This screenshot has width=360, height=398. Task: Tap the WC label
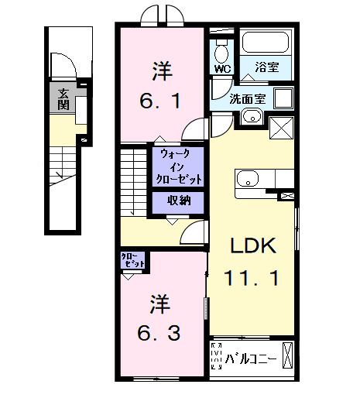[221, 69]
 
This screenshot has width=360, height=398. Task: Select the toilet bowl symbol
[221, 52]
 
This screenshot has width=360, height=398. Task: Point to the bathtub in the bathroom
[266, 43]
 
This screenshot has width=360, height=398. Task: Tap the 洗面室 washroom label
[248, 98]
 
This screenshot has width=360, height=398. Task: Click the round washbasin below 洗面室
[250, 118]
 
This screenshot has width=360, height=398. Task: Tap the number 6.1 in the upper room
[161, 101]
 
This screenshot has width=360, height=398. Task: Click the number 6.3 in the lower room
[161, 333]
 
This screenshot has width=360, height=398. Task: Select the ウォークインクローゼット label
[180, 166]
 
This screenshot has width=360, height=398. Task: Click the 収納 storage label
[178, 201]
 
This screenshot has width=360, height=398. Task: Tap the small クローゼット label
[133, 261]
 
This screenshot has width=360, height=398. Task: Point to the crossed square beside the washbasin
[280, 128]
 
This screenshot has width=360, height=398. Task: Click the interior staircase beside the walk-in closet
[133, 180]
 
